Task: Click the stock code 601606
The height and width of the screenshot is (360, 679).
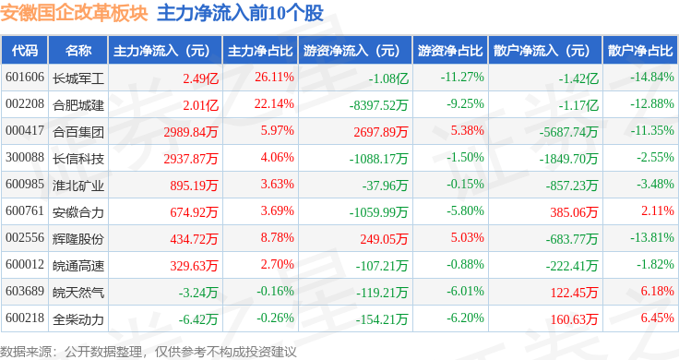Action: pyautogui.click(x=25, y=78)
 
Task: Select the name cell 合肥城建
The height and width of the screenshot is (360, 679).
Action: pyautogui.click(x=78, y=105)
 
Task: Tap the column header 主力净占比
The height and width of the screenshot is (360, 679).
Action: pyautogui.click(x=260, y=51)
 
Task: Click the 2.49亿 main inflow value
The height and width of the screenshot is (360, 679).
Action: pyautogui.click(x=201, y=78)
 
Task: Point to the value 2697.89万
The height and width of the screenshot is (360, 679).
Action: pyautogui.click(x=381, y=132)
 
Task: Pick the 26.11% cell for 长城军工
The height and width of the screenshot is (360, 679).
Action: pyautogui.click(x=275, y=78)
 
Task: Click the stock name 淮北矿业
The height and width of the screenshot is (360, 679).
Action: pyautogui.click(x=78, y=186)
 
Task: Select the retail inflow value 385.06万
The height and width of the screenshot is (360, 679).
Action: pyautogui.click(x=574, y=211)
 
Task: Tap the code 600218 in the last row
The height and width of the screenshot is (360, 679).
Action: pyautogui.click(x=25, y=318)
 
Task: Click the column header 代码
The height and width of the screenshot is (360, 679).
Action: pyautogui.click(x=25, y=51)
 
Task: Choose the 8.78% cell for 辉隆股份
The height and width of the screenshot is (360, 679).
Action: pyautogui.click(x=277, y=238)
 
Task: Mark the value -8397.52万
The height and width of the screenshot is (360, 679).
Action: pyautogui.click(x=379, y=105)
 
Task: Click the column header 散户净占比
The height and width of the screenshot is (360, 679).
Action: pyautogui.click(x=640, y=51)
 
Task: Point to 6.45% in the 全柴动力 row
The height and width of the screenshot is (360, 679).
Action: pyautogui.click(x=658, y=318)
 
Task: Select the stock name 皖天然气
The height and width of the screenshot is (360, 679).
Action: pyautogui.click(x=78, y=293)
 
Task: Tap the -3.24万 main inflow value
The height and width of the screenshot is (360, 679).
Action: pyautogui.click(x=198, y=293)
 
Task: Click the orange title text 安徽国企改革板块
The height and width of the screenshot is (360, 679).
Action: pyautogui.click(x=74, y=13)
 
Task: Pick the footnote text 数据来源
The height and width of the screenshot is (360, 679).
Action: pyautogui.click(x=26, y=352)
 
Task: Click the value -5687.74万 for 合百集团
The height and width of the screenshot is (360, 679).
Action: pyautogui.click(x=568, y=132)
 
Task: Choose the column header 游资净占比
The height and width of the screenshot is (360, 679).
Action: pyautogui.click(x=450, y=51)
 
